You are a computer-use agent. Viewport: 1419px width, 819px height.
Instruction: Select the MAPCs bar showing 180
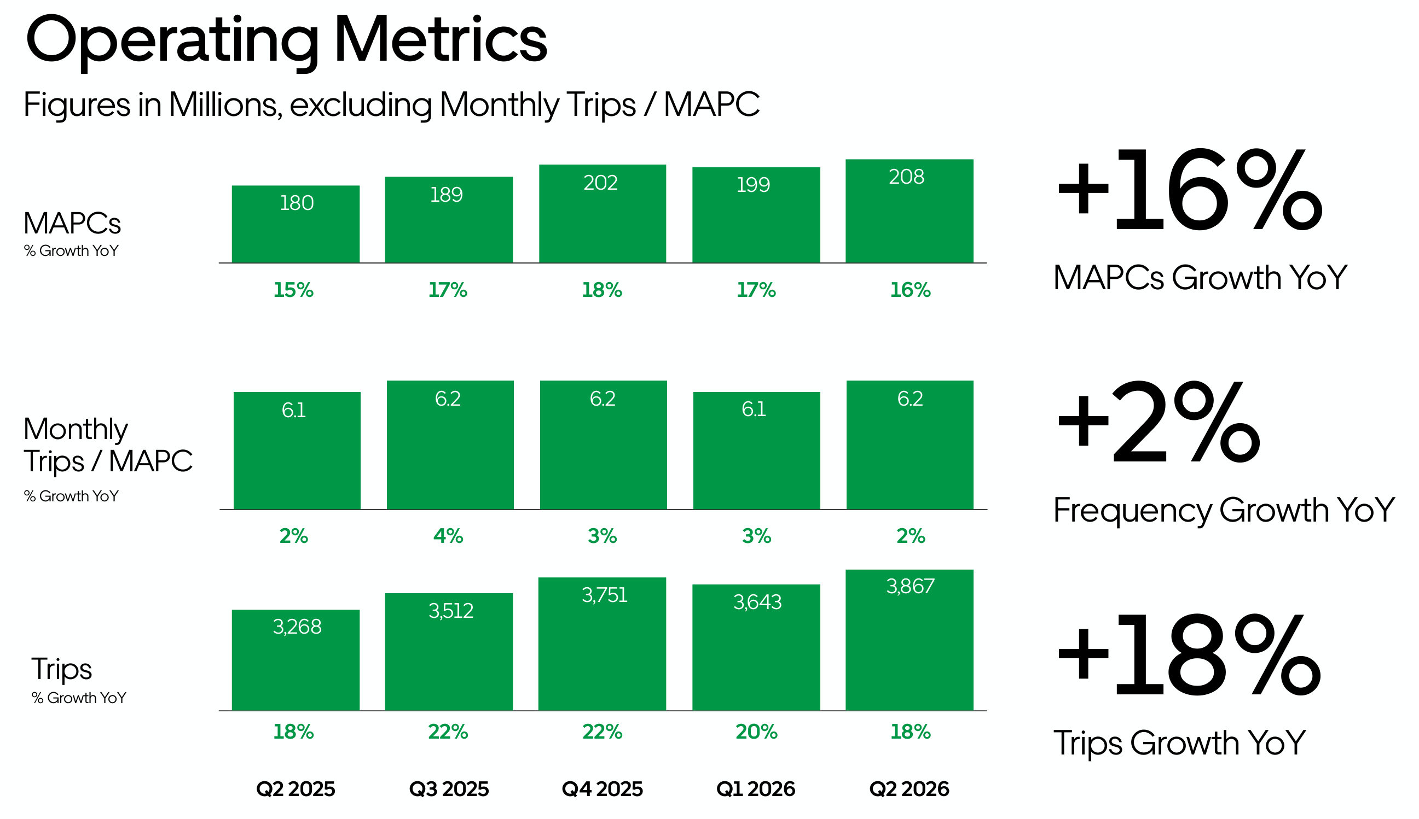click(296, 224)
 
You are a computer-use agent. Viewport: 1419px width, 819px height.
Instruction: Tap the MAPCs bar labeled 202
click(603, 214)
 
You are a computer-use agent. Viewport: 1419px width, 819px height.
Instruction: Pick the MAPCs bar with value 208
click(909, 211)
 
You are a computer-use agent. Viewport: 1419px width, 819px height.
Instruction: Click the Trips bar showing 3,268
click(296, 660)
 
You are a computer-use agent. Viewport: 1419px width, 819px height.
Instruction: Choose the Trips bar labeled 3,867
click(909, 640)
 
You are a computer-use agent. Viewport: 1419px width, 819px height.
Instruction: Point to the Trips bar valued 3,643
click(756, 647)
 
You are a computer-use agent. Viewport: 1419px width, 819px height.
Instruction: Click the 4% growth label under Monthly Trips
click(448, 535)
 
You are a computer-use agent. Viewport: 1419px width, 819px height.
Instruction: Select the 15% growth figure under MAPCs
click(293, 290)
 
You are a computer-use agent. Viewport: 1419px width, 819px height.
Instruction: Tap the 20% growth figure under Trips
click(756, 732)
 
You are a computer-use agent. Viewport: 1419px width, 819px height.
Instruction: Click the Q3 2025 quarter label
click(449, 788)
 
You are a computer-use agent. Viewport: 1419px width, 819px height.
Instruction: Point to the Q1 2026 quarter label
click(755, 788)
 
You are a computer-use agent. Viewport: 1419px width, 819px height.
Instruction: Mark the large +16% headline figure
click(1189, 190)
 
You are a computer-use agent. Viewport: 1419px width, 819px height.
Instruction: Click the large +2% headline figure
click(1158, 422)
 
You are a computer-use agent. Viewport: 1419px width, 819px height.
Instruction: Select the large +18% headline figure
click(1189, 656)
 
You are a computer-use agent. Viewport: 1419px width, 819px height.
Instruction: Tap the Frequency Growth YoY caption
click(1224, 510)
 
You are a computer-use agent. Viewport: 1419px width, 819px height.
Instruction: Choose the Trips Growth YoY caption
click(1179, 742)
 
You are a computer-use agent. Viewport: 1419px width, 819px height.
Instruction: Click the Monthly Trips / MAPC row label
click(107, 445)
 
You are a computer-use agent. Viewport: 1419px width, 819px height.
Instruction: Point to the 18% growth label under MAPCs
click(602, 290)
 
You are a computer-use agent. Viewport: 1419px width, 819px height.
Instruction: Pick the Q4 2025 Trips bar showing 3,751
click(603, 644)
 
